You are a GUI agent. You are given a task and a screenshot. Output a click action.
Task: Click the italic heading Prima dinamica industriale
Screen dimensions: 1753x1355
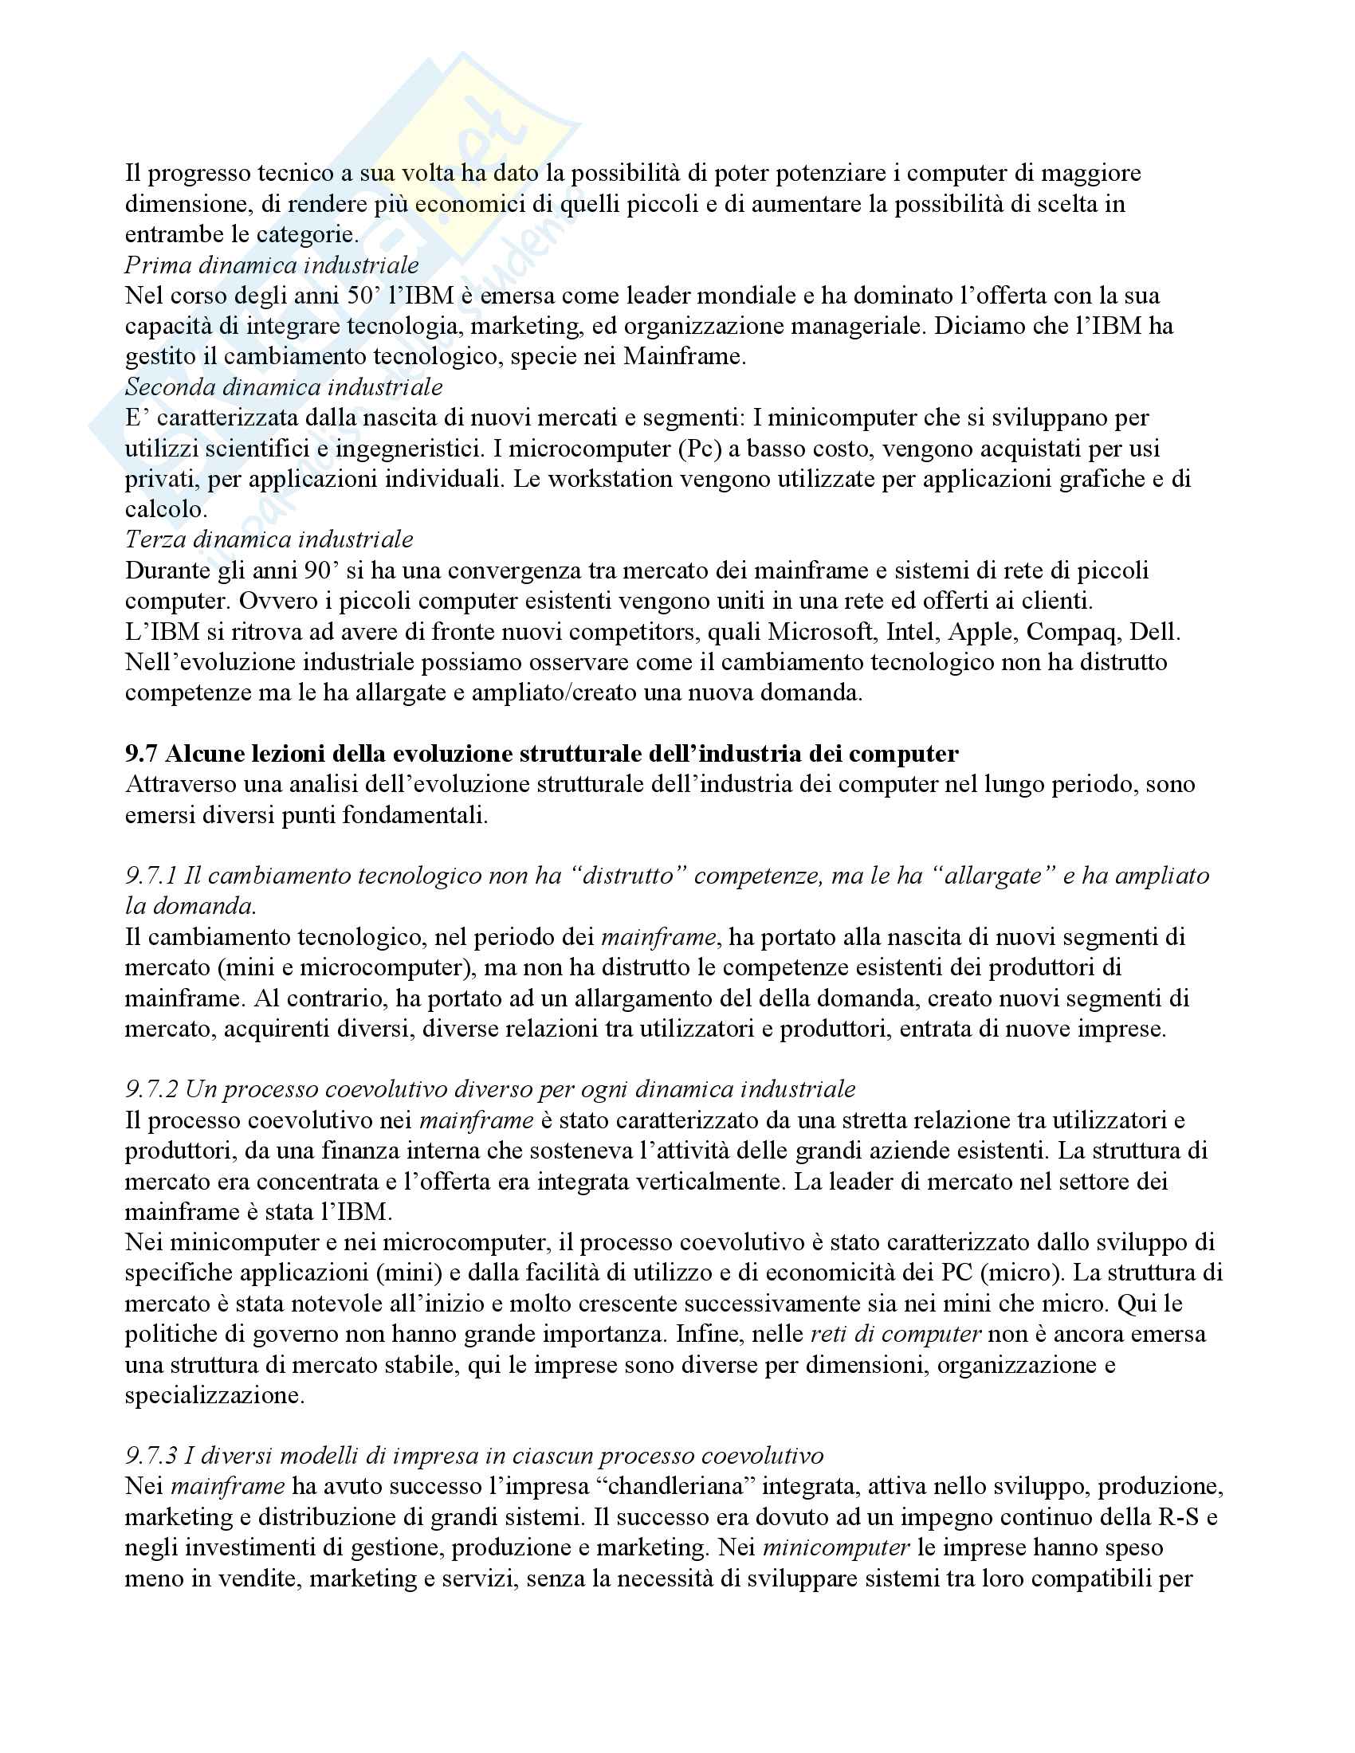[271, 265]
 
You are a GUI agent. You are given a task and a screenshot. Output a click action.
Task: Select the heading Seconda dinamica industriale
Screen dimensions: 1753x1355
[284, 387]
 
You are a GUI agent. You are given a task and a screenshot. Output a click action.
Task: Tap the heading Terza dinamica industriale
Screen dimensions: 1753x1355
[269, 539]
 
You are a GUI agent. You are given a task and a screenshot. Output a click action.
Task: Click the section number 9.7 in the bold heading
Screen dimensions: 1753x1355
[141, 754]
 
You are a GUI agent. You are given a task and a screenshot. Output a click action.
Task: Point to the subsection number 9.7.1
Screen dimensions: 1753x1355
[151, 876]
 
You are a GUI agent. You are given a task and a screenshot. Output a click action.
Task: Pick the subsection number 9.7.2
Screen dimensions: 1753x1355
[151, 1089]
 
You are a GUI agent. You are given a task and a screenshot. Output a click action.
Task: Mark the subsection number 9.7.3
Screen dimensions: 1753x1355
[151, 1455]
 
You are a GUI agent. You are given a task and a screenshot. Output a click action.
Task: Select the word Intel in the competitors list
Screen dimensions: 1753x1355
[911, 632]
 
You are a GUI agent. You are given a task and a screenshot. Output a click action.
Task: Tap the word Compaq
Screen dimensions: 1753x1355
[1072, 632]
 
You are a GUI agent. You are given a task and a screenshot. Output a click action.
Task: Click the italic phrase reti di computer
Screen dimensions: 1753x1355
[896, 1334]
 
